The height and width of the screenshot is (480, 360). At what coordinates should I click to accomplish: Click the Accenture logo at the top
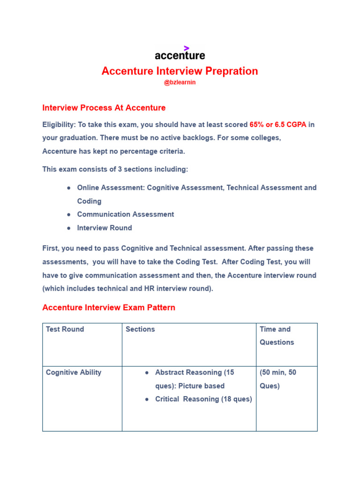click(180, 55)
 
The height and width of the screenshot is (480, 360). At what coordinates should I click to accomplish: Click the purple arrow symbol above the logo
click(187, 47)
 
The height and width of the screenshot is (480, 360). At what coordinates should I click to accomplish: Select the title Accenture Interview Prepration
click(180, 71)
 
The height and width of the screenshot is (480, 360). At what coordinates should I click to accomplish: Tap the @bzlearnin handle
click(180, 82)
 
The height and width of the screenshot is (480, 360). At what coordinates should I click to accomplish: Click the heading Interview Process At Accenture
click(104, 108)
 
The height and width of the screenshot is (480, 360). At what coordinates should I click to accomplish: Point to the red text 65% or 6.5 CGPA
click(278, 125)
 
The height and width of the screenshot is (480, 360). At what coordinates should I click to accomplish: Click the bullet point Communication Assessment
click(125, 214)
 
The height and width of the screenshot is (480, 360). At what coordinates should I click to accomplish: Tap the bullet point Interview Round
click(105, 228)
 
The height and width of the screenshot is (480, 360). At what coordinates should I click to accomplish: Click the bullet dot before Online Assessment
click(69, 187)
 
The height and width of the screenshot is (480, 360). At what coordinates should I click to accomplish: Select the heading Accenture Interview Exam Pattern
click(109, 308)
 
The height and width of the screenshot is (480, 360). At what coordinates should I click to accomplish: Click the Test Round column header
click(65, 329)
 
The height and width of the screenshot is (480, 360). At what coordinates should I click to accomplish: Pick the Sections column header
click(140, 329)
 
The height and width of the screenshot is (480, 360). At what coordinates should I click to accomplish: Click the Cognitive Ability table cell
click(74, 372)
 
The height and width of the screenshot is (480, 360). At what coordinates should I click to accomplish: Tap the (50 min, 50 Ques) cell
click(278, 379)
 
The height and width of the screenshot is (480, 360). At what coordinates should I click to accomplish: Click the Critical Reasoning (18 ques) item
click(203, 399)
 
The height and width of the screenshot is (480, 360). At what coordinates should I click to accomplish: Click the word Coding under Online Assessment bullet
click(89, 201)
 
